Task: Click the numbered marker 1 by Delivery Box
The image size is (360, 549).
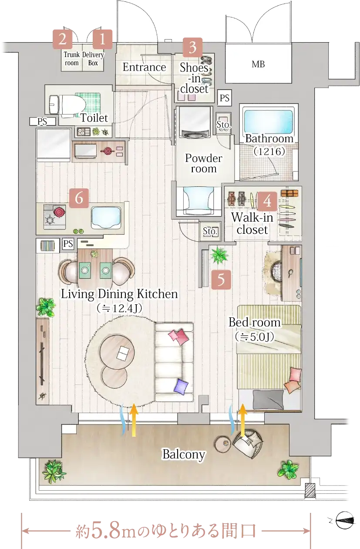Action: coord(102,39)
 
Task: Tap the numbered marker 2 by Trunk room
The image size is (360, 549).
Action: coord(63,39)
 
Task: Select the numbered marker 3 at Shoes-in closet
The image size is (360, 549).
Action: coord(192,47)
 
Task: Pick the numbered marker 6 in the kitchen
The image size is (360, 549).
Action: coord(79,198)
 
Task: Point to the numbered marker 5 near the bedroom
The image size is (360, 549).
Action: coord(221,280)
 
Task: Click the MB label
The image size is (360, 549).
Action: coord(258,64)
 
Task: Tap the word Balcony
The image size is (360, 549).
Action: coord(184,454)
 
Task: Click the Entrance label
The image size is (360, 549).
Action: coord(144,67)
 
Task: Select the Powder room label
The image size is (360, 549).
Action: coord(204,163)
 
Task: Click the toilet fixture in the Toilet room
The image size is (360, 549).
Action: coord(67,105)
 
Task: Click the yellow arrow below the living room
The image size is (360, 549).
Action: coord(134,421)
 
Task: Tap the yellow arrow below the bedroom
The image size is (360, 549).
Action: coord(243,421)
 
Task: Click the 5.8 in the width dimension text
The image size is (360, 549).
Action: coord(106,530)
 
